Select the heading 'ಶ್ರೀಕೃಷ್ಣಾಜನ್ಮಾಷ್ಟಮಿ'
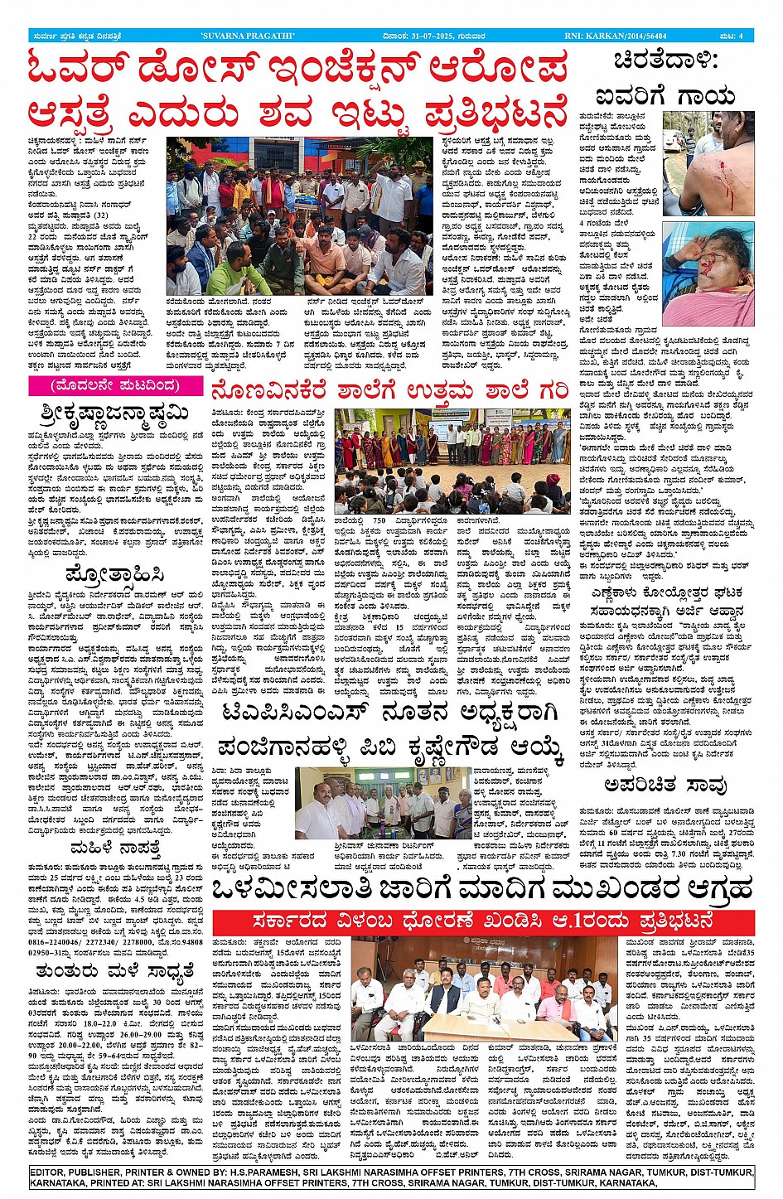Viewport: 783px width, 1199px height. point(114,412)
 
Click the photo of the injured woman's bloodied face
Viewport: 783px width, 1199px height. point(708,273)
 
